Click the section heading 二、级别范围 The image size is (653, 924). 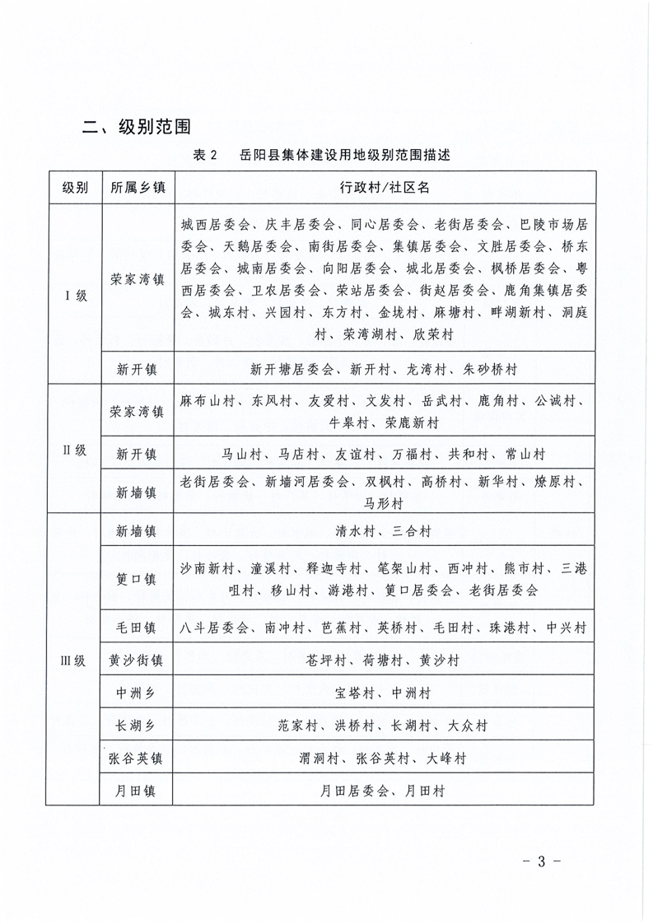(138, 127)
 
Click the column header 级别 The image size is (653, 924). (75, 187)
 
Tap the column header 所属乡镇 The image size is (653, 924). (138, 187)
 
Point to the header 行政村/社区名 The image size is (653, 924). (385, 187)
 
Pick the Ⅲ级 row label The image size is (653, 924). (75, 660)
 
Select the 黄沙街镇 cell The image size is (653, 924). (138, 660)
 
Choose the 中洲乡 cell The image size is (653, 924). (138, 693)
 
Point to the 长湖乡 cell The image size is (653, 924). (138, 726)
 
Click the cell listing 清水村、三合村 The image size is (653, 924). (385, 532)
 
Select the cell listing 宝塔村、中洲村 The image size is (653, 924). (385, 693)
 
